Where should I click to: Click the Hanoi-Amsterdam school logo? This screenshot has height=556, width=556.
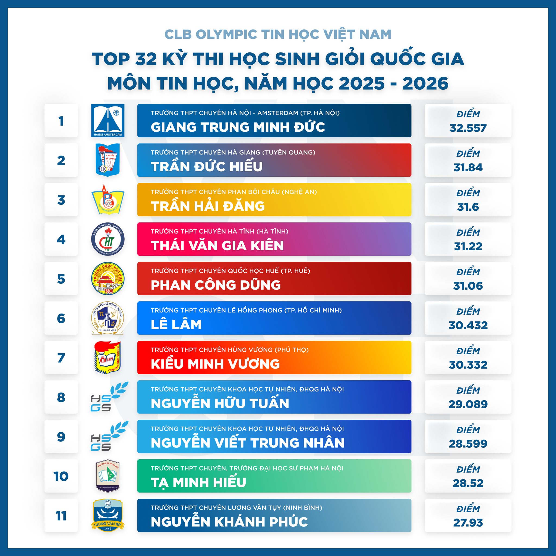coord(108,120)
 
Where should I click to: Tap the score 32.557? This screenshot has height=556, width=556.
coord(468,128)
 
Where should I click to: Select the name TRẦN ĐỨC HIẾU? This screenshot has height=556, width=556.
coord(207,167)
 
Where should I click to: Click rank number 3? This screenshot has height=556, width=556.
coord(61,200)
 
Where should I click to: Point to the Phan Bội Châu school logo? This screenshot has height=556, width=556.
coord(108,200)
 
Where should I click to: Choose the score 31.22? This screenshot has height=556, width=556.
coord(468,246)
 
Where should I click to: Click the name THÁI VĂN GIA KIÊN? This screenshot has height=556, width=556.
coord(217,245)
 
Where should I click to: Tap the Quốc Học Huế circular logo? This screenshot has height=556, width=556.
coord(108,279)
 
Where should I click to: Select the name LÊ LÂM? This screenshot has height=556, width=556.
coord(176,325)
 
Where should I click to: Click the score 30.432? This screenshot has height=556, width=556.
coord(468,325)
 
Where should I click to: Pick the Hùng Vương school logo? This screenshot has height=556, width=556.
coord(108,358)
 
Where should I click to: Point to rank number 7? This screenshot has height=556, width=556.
coord(61,358)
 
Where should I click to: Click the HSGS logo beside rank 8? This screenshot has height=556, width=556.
coord(108,397)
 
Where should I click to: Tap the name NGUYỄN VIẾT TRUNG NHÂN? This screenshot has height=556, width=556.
coord(248,443)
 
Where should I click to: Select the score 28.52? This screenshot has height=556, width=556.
coord(468,483)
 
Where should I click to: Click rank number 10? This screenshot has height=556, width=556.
coord(61,476)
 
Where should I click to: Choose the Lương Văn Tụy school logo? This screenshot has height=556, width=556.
coord(108,516)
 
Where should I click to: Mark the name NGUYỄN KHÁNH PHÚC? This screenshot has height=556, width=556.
coord(229,522)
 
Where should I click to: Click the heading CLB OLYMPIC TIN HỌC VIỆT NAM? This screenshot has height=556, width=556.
coord(278,34)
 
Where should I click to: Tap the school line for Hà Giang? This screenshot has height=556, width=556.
coord(233,152)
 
